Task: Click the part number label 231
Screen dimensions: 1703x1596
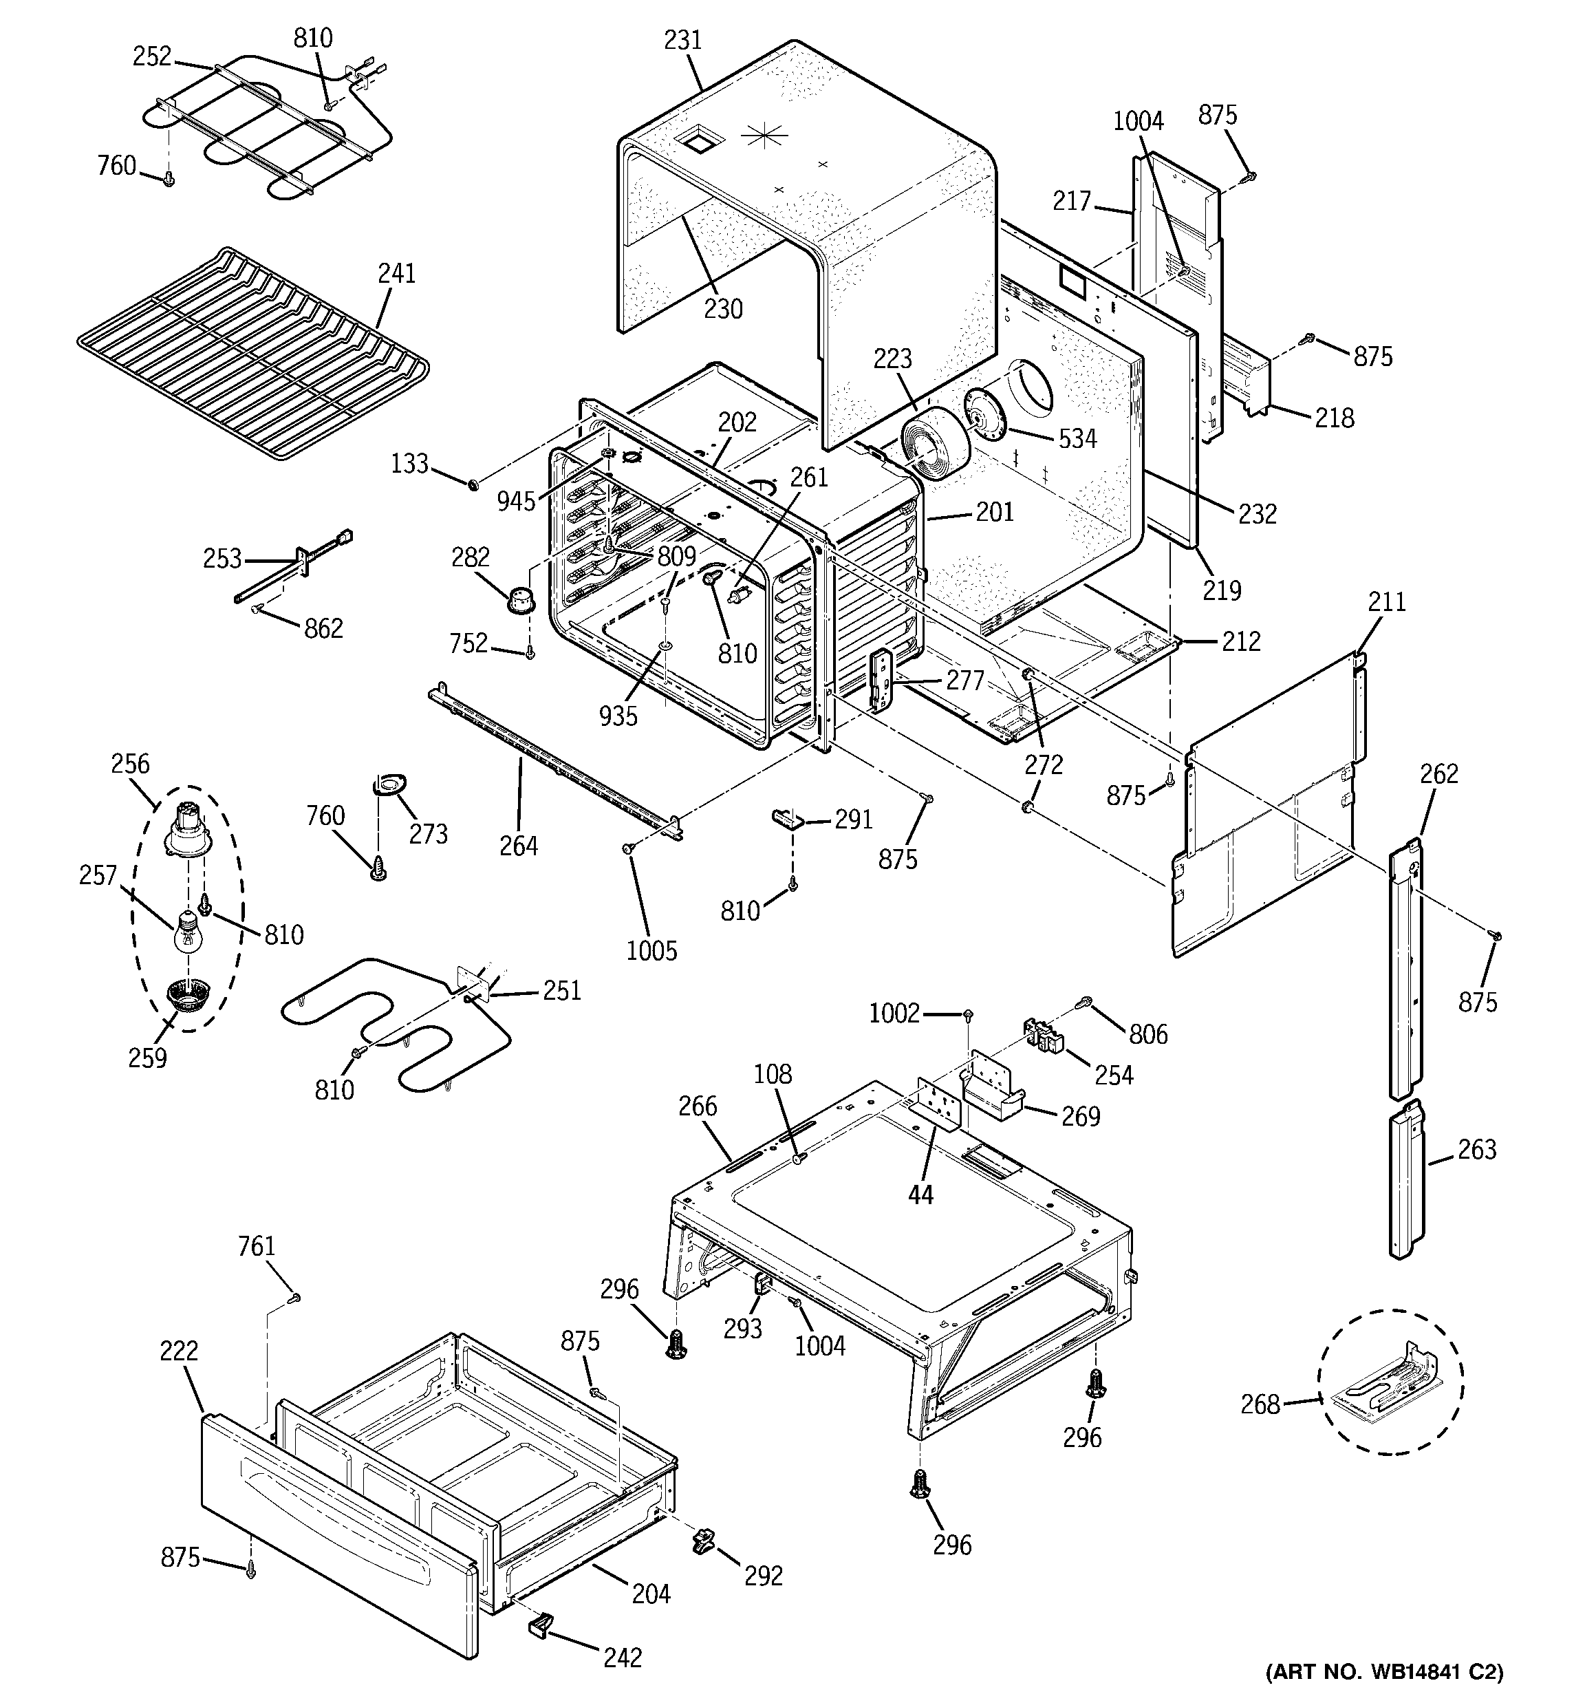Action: tap(683, 41)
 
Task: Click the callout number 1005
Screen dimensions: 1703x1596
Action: tap(651, 950)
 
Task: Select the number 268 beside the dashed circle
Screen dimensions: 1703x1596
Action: tap(1260, 1404)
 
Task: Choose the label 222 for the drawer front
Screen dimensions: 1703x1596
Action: tap(178, 1351)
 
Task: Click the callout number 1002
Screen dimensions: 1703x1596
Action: tap(894, 1014)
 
